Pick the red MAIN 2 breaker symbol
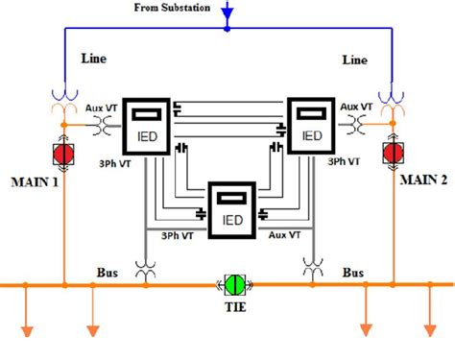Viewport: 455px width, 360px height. (392, 153)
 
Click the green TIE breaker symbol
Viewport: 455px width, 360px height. (233, 285)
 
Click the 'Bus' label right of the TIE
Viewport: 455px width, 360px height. (353, 272)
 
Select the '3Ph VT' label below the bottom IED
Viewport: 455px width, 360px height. (176, 234)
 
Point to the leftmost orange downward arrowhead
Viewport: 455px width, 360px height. (26, 332)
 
